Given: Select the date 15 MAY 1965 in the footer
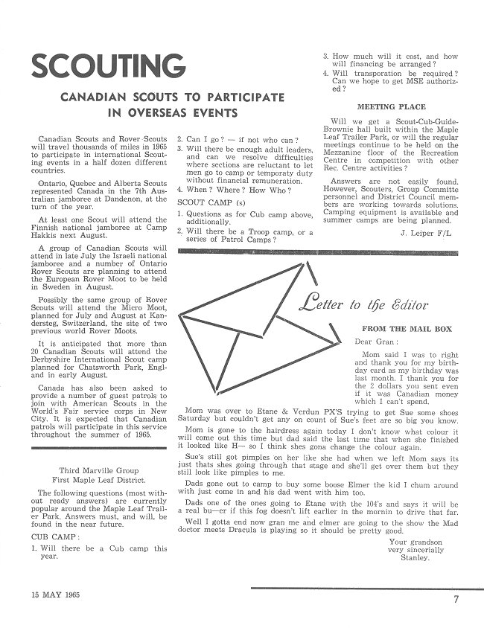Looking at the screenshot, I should pyautogui.click(x=54, y=596).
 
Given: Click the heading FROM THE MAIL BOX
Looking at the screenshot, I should pyautogui.click(x=402, y=328).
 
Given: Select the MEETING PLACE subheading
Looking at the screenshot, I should pyautogui.click(x=386, y=107).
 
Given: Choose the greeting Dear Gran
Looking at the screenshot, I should pyautogui.click(x=371, y=342).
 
